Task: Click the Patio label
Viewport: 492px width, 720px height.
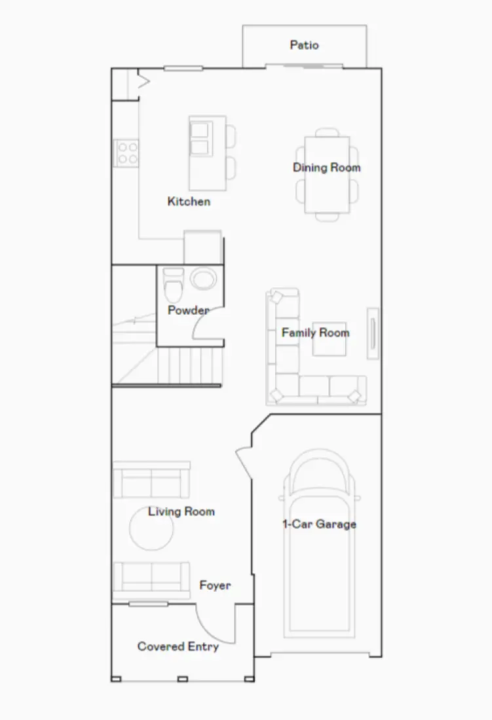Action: [305, 45]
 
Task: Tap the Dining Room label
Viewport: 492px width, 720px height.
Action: [326, 168]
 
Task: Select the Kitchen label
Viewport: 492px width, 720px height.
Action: [189, 201]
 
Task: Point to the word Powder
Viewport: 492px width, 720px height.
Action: [188, 310]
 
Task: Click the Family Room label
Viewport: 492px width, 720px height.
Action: [315, 333]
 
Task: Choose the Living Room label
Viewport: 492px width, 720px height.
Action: [181, 511]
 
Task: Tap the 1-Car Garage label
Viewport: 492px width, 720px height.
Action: [319, 524]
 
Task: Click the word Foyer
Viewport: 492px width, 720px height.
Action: [215, 585]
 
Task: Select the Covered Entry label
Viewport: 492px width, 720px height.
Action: [178, 647]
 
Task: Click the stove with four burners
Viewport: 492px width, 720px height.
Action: [126, 153]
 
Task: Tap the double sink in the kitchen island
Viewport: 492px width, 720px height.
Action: [199, 139]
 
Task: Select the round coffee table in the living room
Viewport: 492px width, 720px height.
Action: [151, 528]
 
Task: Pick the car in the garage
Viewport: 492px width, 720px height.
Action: [319, 543]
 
